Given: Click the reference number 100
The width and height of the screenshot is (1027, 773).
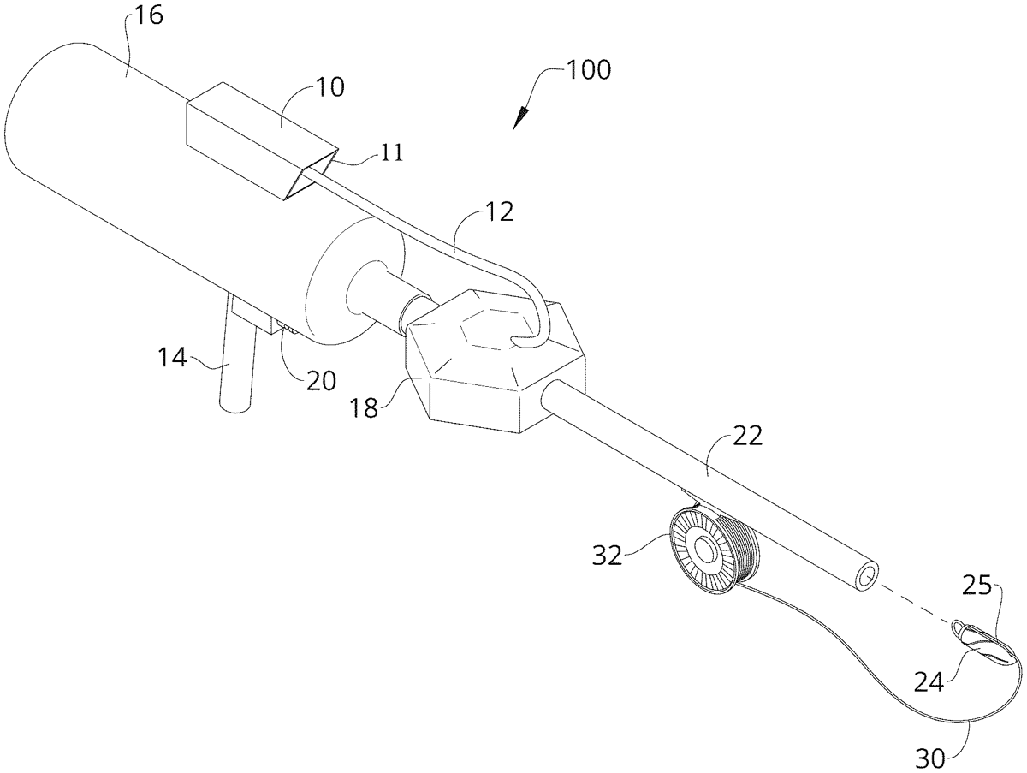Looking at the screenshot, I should pos(588,69).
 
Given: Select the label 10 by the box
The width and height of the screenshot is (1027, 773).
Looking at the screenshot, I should pos(326,87).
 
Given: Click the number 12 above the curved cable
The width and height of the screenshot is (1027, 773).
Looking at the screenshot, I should pos(496,212).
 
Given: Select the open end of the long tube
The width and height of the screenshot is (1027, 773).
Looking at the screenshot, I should pos(866,575).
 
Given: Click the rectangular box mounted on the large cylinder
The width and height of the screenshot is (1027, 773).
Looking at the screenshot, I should pos(257,142).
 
